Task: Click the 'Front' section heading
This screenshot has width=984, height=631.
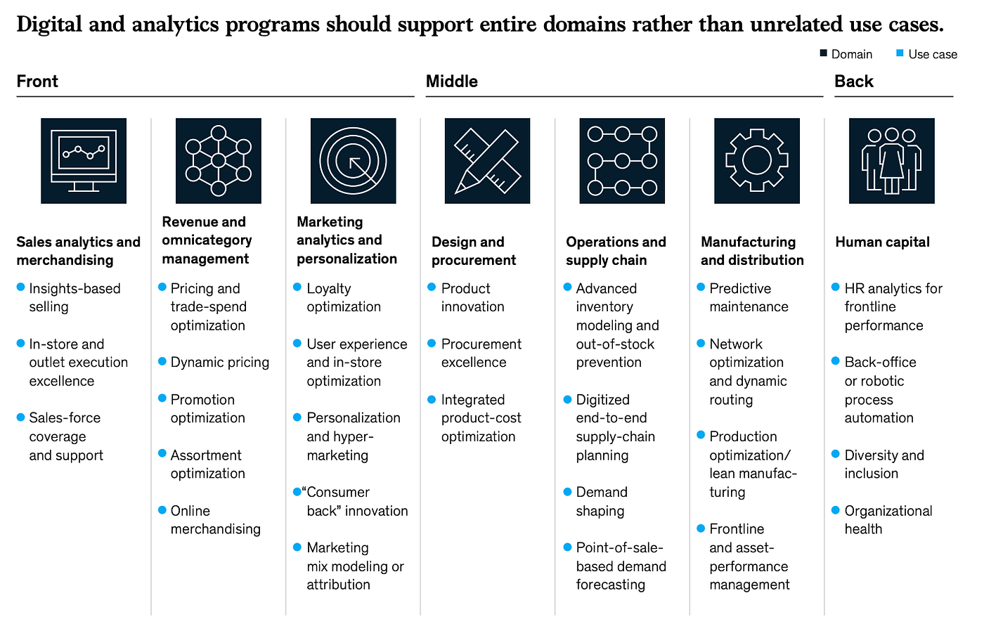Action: [x=37, y=82]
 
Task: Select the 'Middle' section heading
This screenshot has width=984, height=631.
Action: [x=451, y=82]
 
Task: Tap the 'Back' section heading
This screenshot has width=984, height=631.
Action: [x=853, y=82]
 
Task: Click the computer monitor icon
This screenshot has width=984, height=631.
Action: [x=84, y=161]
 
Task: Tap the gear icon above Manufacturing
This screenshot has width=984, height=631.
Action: [x=756, y=161]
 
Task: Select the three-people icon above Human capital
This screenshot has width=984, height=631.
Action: [x=891, y=161]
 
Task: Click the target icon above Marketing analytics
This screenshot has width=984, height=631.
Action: [x=353, y=161]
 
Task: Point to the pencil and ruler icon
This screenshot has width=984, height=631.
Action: [x=487, y=161]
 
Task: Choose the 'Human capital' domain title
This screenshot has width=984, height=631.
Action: [x=882, y=242]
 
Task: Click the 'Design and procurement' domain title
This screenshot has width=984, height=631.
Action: [x=474, y=251]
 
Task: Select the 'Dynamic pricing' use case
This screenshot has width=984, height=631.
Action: [x=219, y=363]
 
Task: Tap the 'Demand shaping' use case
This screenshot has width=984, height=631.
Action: [x=601, y=502]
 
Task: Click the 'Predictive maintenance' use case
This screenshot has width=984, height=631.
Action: [x=748, y=297]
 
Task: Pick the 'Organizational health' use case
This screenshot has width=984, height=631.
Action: [x=888, y=520]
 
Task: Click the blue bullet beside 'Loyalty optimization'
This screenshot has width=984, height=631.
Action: [x=297, y=287]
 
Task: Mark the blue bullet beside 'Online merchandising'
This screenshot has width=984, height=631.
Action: [x=162, y=509]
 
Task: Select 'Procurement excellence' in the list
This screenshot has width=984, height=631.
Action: [x=481, y=353]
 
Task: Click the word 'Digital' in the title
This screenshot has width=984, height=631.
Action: [x=48, y=25]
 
